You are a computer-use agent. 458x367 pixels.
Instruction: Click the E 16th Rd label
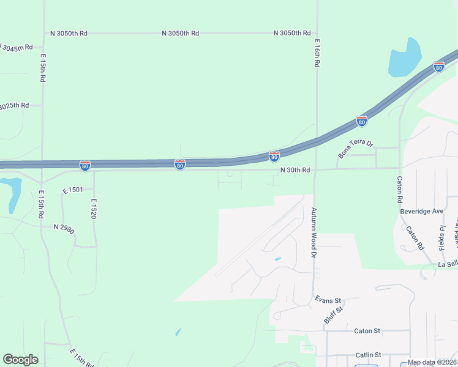(317, 53)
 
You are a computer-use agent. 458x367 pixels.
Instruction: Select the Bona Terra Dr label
(356, 147)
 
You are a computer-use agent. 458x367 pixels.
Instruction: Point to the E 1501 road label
(73, 191)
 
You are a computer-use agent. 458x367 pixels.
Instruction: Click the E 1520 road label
(94, 209)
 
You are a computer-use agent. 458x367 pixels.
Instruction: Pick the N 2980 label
(64, 228)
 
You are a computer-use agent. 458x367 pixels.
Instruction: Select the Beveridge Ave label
(421, 211)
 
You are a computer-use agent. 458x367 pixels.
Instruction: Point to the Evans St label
(328, 300)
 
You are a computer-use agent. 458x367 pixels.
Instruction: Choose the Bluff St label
(333, 316)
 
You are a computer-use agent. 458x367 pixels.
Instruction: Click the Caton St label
(367, 331)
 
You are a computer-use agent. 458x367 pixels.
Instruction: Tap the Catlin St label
(368, 355)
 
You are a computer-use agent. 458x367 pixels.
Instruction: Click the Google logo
(20, 360)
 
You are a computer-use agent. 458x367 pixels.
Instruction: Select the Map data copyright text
(432, 362)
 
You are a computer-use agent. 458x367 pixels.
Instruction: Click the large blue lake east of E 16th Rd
(405, 58)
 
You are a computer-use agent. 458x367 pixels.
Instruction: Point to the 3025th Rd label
(14, 105)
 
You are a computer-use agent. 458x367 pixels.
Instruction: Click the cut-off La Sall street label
(448, 264)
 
